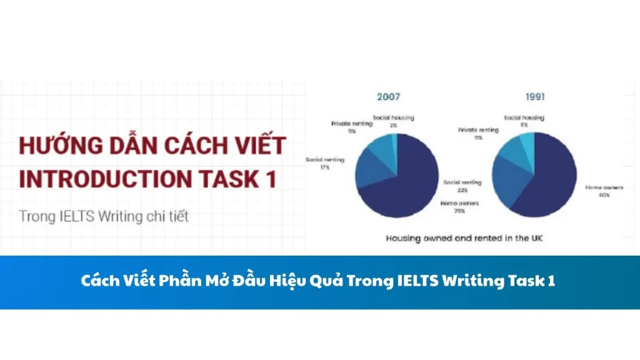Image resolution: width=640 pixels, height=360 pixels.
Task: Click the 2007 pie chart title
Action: (388, 97)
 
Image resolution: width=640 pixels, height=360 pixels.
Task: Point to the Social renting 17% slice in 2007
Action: (369, 172)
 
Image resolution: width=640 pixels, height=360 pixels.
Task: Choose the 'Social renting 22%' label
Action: (462, 186)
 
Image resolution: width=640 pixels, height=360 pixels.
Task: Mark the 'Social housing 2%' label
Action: (394, 121)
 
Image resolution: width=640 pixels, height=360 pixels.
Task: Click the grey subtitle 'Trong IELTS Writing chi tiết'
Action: (104, 216)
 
